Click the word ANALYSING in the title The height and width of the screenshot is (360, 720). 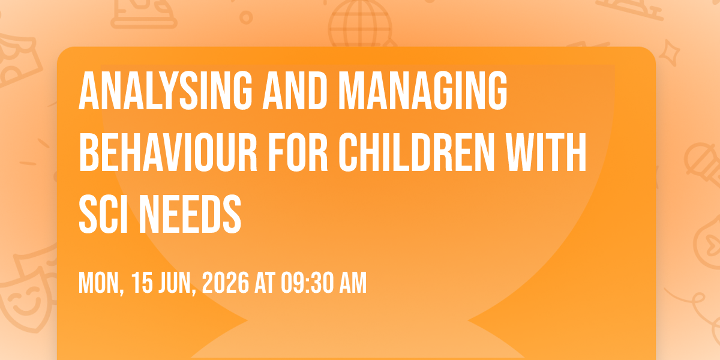(x=166, y=91)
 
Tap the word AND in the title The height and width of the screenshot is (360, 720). (x=295, y=91)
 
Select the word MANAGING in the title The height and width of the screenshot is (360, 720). (x=422, y=91)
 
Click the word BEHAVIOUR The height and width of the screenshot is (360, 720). (x=168, y=152)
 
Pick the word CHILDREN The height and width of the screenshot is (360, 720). (x=416, y=152)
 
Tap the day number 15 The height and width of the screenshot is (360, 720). (x=142, y=283)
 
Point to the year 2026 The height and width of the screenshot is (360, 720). (x=226, y=283)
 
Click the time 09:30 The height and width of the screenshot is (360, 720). (x=308, y=283)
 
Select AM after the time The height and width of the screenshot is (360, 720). (x=353, y=283)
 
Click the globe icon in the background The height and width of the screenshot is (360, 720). (x=361, y=24)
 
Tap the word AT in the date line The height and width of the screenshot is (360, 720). (x=265, y=283)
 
